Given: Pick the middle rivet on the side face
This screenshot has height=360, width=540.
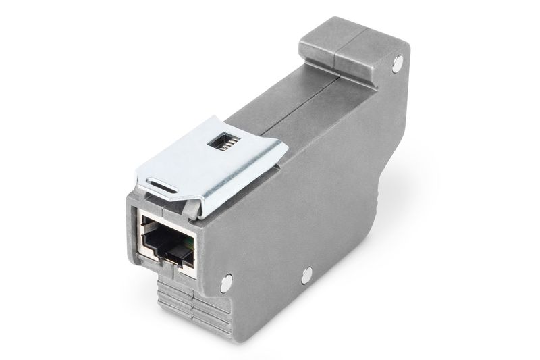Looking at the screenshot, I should click(307, 274).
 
